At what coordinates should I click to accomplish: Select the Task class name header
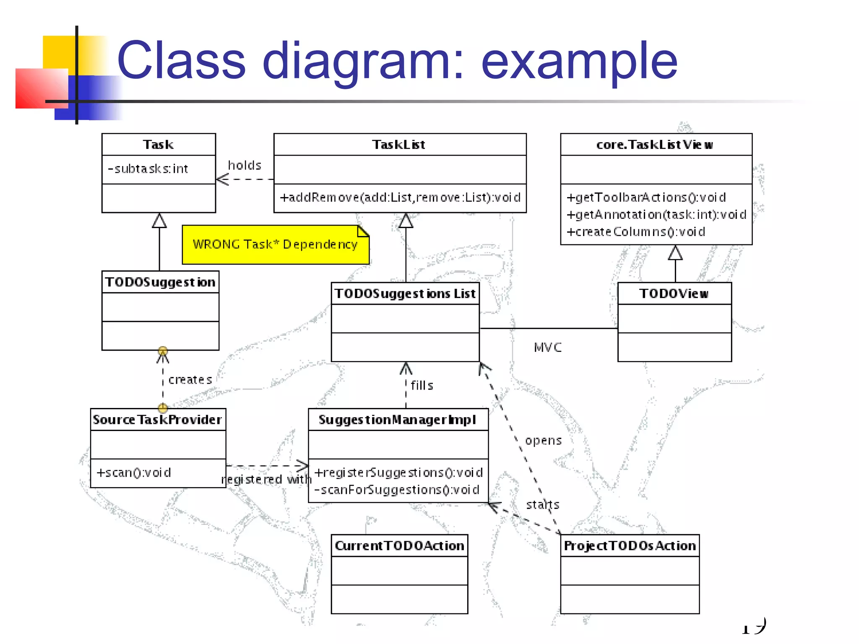pyautogui.click(x=158, y=145)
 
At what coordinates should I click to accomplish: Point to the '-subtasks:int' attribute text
pyautogui.click(x=148, y=169)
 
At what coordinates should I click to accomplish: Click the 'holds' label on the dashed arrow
pyautogui.click(x=245, y=165)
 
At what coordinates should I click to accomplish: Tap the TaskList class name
pyautogui.click(x=399, y=145)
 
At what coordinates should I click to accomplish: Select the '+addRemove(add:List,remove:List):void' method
pyautogui.click(x=400, y=197)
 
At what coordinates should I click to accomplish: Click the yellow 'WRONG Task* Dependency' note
pyautogui.click(x=275, y=244)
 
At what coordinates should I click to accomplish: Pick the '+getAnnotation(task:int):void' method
pyautogui.click(x=656, y=215)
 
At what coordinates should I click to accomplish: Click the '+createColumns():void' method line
pyautogui.click(x=635, y=232)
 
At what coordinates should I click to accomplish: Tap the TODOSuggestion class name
pyautogui.click(x=160, y=282)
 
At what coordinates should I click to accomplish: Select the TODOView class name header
pyautogui.click(x=674, y=293)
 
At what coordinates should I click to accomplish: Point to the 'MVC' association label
pyautogui.click(x=547, y=347)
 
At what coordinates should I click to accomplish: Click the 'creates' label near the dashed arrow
pyautogui.click(x=190, y=380)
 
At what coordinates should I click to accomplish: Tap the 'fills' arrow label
pyautogui.click(x=422, y=385)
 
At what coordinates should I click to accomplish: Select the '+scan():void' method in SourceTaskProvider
pyautogui.click(x=134, y=473)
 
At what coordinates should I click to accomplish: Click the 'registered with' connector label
pyautogui.click(x=266, y=479)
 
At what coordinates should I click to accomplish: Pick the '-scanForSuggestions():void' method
pyautogui.click(x=397, y=490)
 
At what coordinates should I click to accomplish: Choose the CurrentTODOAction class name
pyautogui.click(x=399, y=546)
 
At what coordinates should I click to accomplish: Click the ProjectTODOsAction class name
pyautogui.click(x=630, y=546)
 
